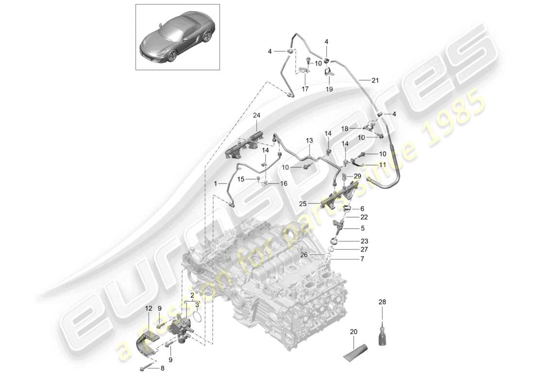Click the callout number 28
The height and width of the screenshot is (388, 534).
[383, 302]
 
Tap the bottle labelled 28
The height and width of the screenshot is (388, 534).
[383, 335]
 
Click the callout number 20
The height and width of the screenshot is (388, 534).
[353, 332]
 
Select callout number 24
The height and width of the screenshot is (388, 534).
[256, 115]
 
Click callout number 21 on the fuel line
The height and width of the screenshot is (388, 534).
[375, 81]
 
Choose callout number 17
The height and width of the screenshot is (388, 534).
[305, 89]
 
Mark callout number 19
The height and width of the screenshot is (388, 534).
[329, 89]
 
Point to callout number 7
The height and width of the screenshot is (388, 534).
[362, 259]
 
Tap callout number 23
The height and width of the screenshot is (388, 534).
[364, 241]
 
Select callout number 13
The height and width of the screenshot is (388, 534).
[310, 140]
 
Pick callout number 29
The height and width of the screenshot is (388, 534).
[357, 175]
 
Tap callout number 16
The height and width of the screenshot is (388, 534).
[283, 183]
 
